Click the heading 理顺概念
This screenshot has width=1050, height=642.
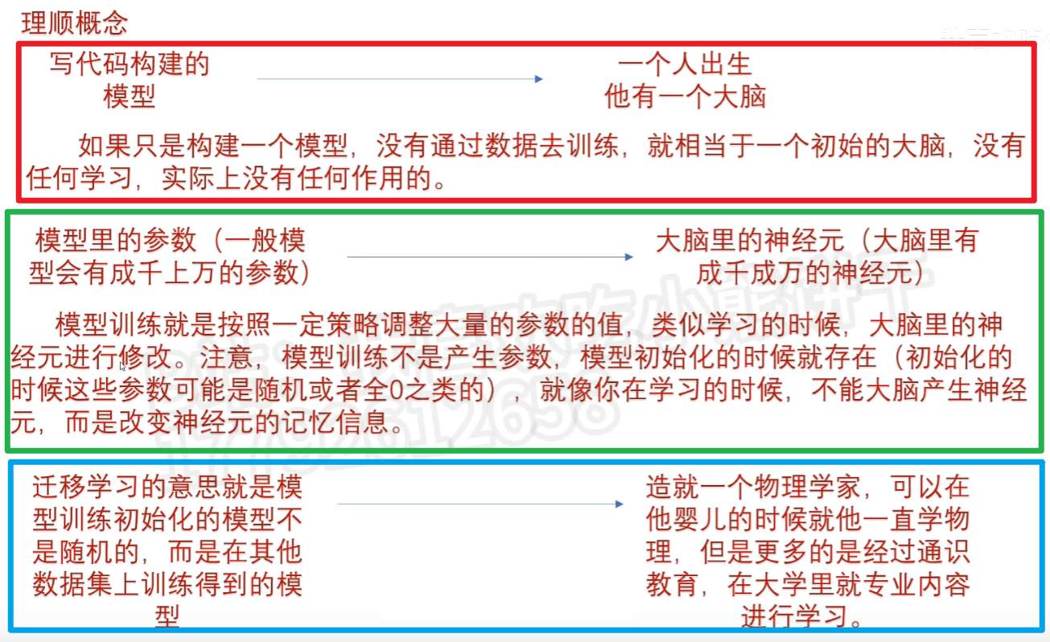tap(74, 23)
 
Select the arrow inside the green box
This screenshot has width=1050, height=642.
tap(490, 257)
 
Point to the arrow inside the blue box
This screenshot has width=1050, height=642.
tap(480, 504)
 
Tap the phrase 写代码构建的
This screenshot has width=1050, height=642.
tap(130, 64)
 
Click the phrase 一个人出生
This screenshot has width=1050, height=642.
tap(685, 64)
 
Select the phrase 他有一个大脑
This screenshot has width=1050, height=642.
tap(685, 97)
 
